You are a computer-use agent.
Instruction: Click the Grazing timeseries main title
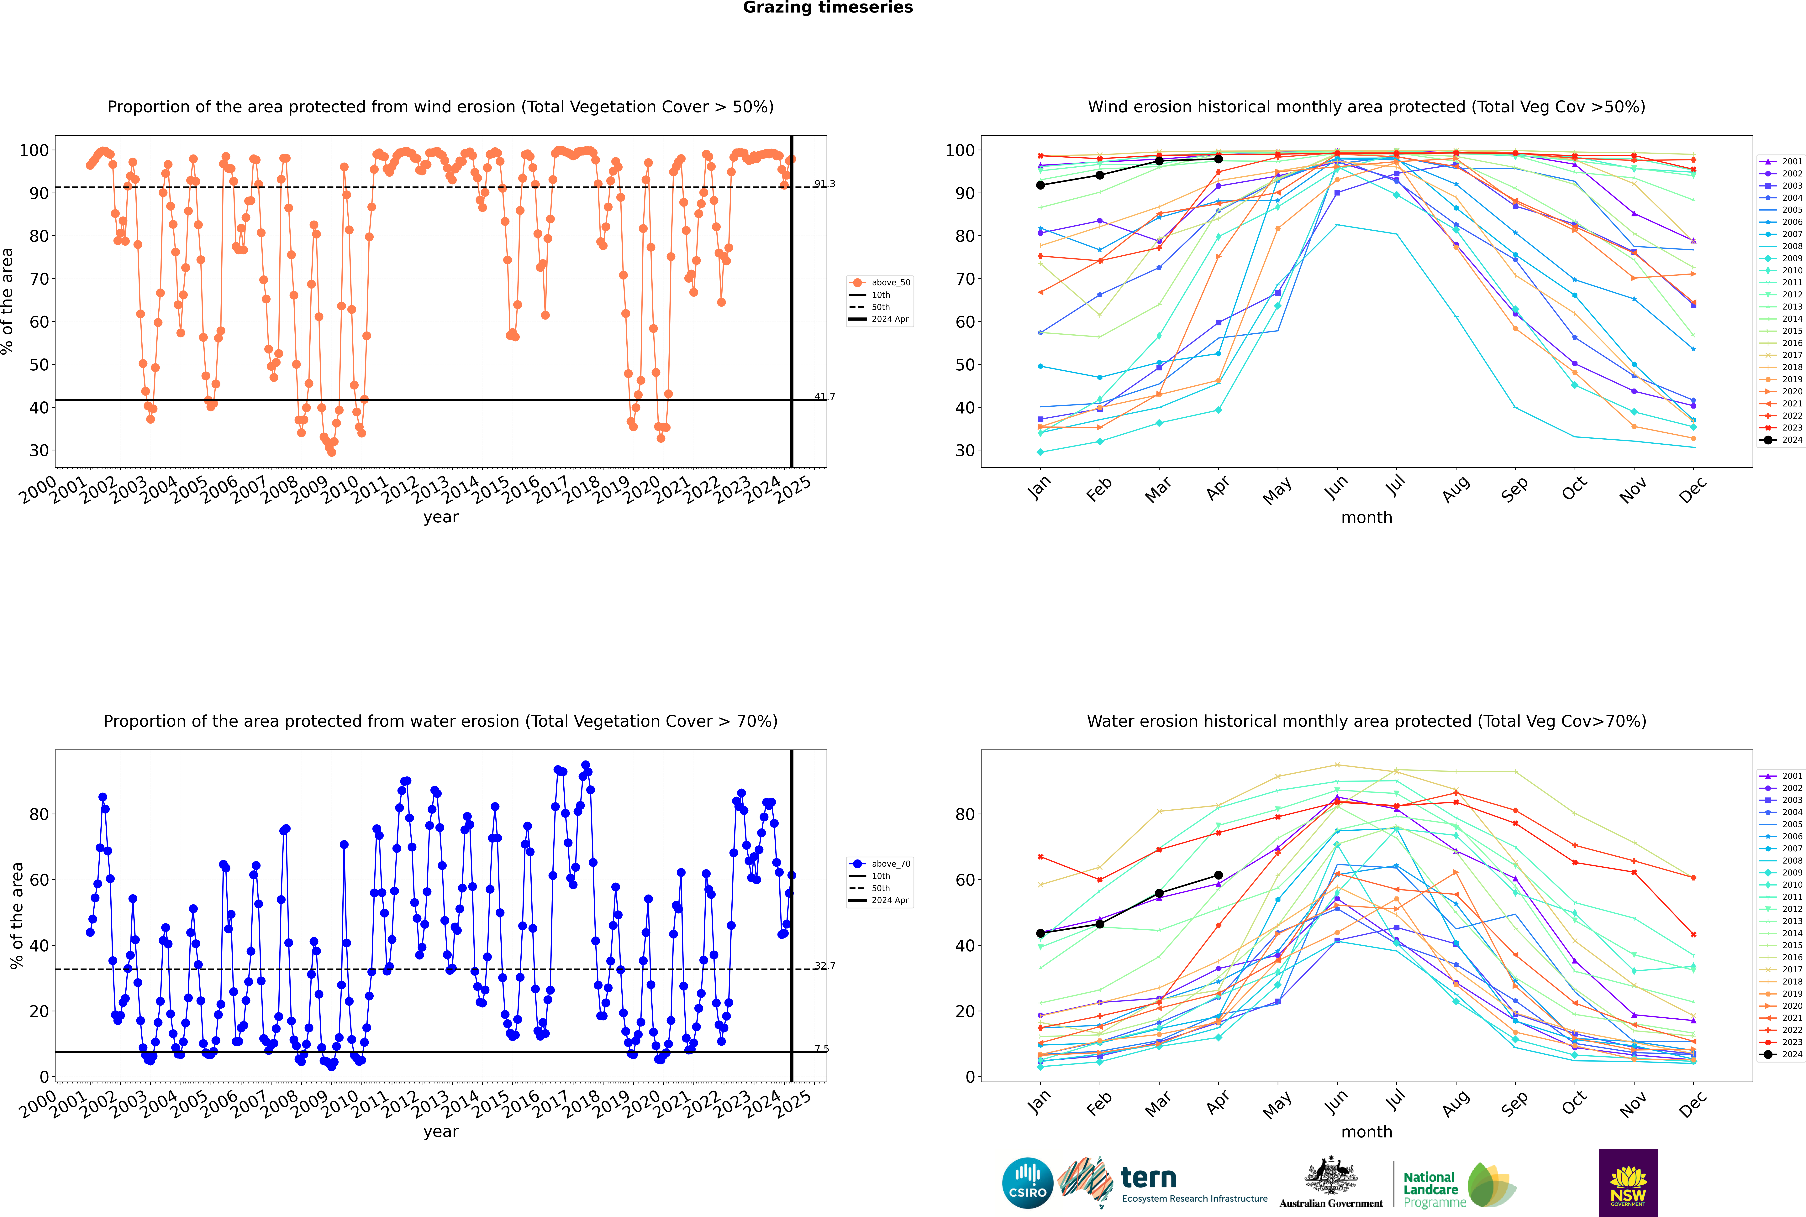(x=828, y=8)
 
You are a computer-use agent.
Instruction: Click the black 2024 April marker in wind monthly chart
(x=1218, y=159)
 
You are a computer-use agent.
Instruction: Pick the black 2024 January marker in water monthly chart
(x=1040, y=934)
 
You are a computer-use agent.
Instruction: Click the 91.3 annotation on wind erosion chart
(x=825, y=184)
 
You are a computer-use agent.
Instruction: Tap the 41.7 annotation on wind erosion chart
(x=825, y=397)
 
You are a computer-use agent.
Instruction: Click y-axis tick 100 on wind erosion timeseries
(x=34, y=151)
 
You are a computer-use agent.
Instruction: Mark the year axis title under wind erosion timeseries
(x=441, y=518)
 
